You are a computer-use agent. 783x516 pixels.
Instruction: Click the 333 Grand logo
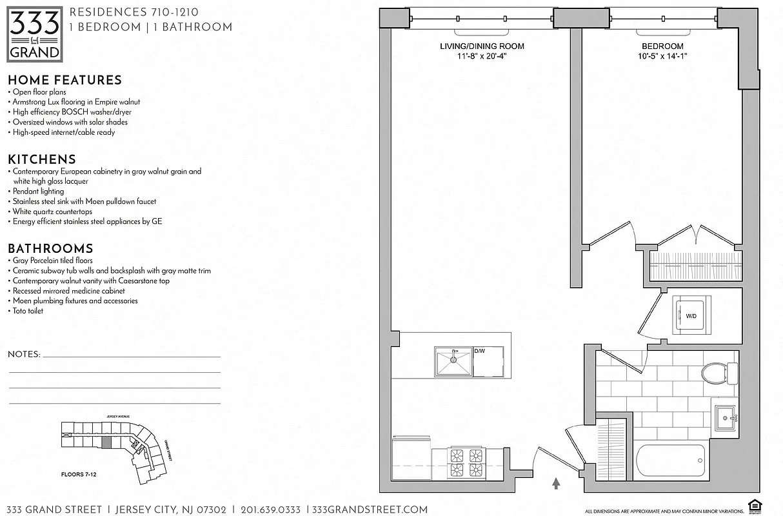[x=35, y=34]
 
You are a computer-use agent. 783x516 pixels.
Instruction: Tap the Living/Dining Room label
[x=482, y=46]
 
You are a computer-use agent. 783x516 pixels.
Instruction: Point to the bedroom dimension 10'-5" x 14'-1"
[x=662, y=56]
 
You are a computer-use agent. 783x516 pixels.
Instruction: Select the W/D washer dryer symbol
[x=691, y=316]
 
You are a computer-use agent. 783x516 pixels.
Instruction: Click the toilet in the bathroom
[x=717, y=373]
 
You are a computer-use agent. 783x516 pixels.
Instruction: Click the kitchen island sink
[x=453, y=361]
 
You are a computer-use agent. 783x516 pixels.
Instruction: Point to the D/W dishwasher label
[x=479, y=352]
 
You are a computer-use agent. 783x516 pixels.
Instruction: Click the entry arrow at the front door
[x=556, y=481]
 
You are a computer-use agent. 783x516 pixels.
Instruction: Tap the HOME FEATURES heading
[x=64, y=80]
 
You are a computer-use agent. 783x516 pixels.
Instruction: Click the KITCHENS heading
[x=42, y=159]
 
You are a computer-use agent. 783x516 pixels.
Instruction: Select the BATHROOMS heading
[x=50, y=248]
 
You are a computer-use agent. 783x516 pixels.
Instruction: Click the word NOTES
[x=24, y=355]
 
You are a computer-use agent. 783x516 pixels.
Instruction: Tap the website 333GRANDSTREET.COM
[x=370, y=510]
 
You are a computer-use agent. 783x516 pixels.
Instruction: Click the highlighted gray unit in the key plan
[x=106, y=442]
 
